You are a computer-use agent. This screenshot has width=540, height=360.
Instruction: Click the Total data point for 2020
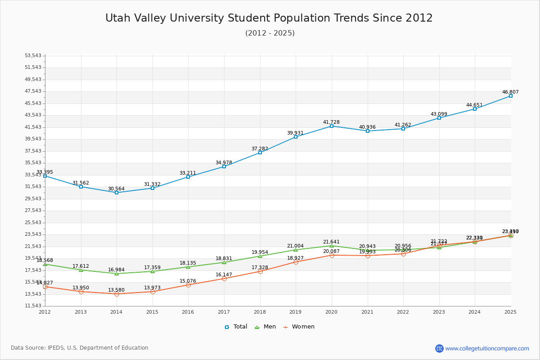click(x=332, y=126)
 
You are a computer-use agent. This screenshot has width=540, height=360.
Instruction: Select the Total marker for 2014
click(x=117, y=193)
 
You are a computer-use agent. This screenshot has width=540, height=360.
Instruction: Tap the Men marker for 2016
click(x=188, y=267)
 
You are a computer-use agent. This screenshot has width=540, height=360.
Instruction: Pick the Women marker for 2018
click(x=260, y=271)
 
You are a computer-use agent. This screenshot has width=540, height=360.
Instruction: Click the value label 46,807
click(x=510, y=92)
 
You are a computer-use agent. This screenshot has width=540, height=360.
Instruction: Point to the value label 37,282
click(x=260, y=148)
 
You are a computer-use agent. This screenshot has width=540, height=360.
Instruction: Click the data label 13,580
click(x=116, y=290)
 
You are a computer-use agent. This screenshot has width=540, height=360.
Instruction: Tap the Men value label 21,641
click(x=331, y=242)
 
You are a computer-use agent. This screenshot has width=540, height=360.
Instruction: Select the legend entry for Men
click(x=265, y=327)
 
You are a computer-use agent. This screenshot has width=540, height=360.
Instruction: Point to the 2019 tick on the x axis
click(x=295, y=311)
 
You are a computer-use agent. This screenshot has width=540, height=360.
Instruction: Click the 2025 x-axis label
click(x=510, y=311)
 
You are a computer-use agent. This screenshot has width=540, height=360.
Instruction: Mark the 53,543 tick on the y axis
click(x=33, y=56)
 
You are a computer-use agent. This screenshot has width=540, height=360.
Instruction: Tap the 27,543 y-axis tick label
click(x=33, y=211)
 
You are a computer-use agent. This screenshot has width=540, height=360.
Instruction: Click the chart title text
click(x=269, y=18)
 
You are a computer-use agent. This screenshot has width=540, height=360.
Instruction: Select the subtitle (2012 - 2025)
click(x=270, y=33)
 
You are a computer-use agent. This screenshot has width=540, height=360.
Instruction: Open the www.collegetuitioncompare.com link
click(x=487, y=348)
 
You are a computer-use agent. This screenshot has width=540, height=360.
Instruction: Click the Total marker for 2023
click(x=439, y=118)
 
